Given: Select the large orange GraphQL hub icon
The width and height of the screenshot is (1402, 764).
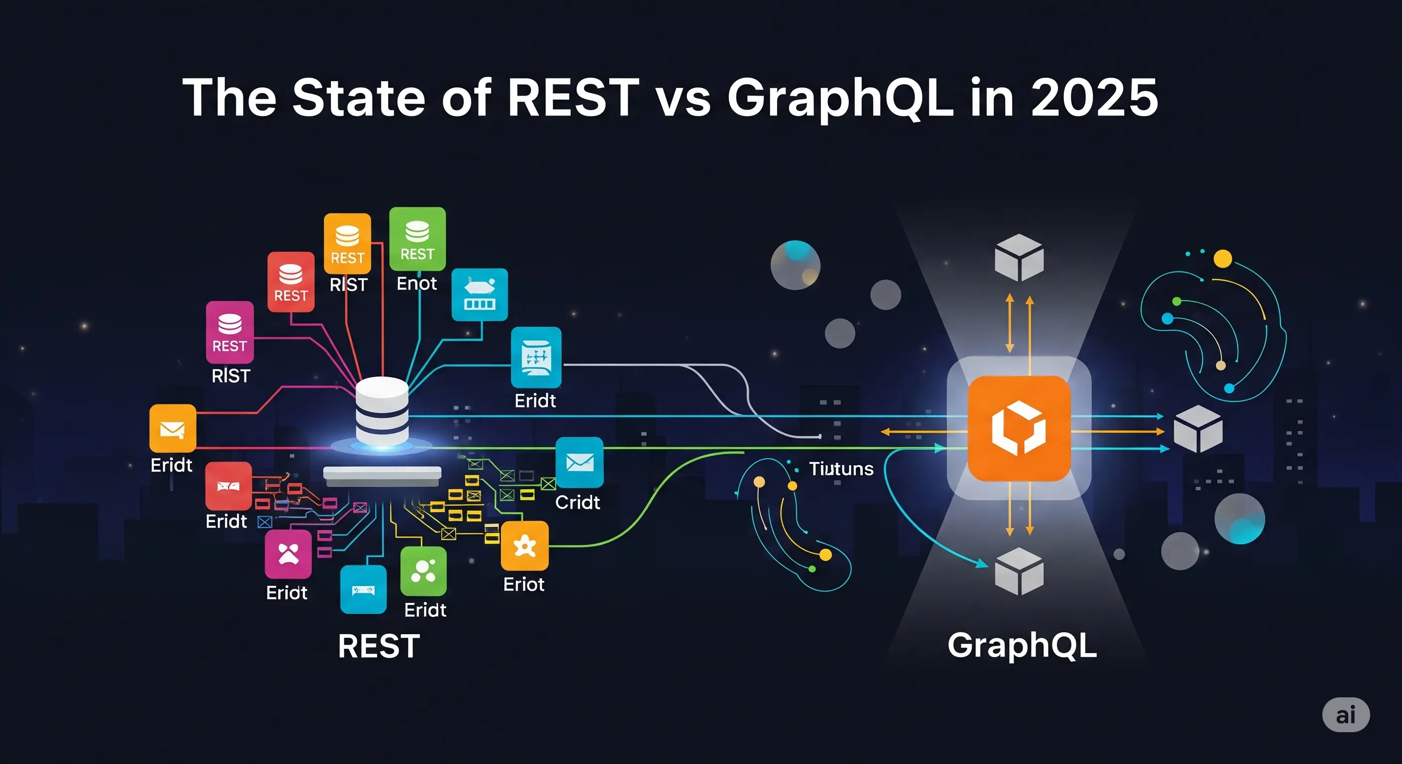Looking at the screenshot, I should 1019,428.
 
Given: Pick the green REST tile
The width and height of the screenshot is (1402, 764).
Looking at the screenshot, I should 417,239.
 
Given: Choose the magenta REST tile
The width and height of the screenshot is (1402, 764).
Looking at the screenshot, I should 230,332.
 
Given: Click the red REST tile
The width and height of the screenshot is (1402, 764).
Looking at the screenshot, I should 291,282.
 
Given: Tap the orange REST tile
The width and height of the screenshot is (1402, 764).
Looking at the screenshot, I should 347,243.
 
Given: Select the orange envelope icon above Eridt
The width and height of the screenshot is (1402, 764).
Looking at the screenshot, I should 173,428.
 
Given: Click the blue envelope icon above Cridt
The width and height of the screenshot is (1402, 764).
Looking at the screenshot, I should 579,462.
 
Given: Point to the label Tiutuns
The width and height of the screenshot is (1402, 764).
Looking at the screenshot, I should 841,469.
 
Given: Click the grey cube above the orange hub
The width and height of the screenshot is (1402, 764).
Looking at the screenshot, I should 1019,257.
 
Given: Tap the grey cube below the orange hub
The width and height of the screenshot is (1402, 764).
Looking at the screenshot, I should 1019,571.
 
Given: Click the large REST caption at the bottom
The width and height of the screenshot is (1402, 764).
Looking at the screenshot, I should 379,646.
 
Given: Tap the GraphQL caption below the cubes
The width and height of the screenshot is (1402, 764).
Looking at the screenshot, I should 1022,646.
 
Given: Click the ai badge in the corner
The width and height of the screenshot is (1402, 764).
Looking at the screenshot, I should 1345,715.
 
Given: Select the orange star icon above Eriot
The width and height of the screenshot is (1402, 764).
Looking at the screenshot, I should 525,546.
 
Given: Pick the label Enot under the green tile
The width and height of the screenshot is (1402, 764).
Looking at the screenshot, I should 416,284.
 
